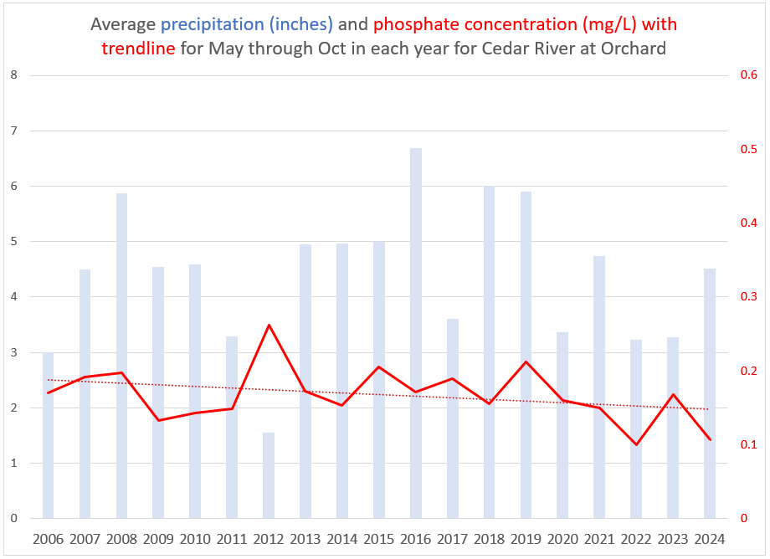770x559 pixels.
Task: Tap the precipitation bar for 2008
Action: [x=122, y=356]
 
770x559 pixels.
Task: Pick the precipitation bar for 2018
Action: [x=490, y=352]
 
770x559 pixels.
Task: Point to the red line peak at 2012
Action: [x=269, y=325]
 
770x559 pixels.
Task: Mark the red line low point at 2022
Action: [x=636, y=444]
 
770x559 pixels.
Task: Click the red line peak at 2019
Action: [x=526, y=362]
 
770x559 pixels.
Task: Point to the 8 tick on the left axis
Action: [x=13, y=75]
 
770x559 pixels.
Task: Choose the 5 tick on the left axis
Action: [x=13, y=241]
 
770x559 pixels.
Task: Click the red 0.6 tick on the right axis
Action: [x=749, y=75]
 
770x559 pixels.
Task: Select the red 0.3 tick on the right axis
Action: [x=749, y=297]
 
